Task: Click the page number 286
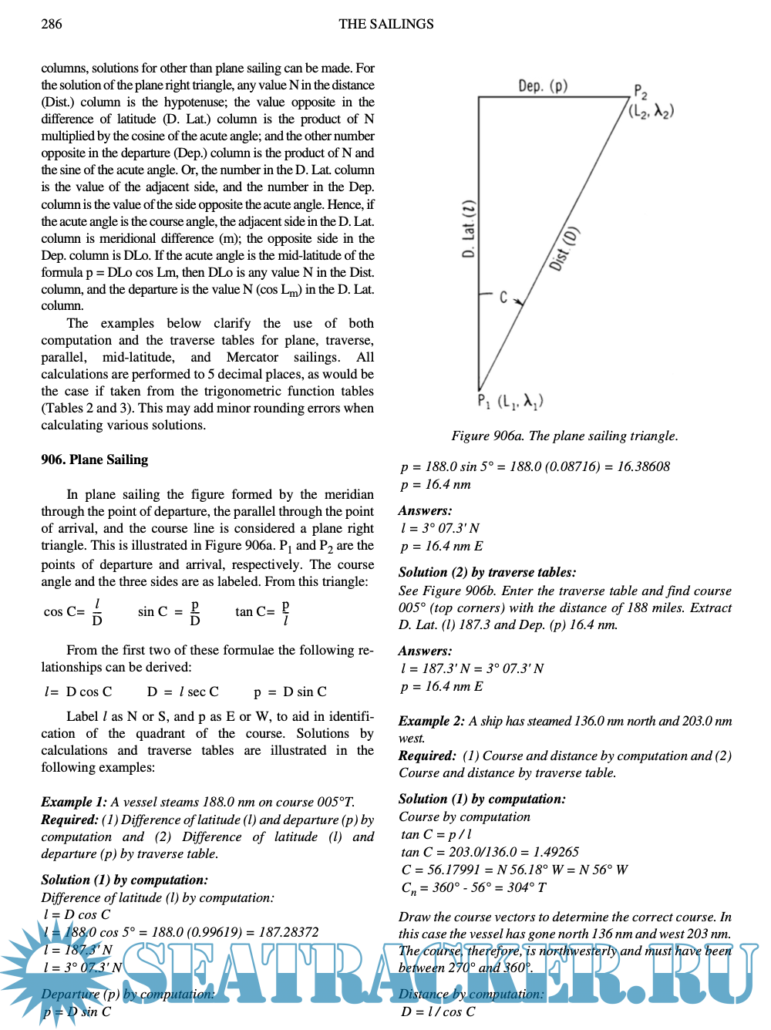[52, 24]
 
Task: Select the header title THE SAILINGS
[385, 24]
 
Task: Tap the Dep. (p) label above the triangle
[543, 86]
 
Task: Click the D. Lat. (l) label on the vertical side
[469, 229]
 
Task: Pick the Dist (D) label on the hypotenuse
[564, 248]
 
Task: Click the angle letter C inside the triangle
[503, 297]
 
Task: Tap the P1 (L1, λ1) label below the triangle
[510, 401]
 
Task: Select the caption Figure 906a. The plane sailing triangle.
[564, 436]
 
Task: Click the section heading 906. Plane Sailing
[94, 459]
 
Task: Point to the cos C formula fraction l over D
[97, 612]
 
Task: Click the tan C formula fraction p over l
[285, 612]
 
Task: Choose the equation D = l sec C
[183, 692]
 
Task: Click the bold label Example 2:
[431, 721]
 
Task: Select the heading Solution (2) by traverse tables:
[487, 572]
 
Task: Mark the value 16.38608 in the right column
[643, 466]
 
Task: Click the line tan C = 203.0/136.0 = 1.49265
[490, 852]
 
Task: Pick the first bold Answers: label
[425, 510]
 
